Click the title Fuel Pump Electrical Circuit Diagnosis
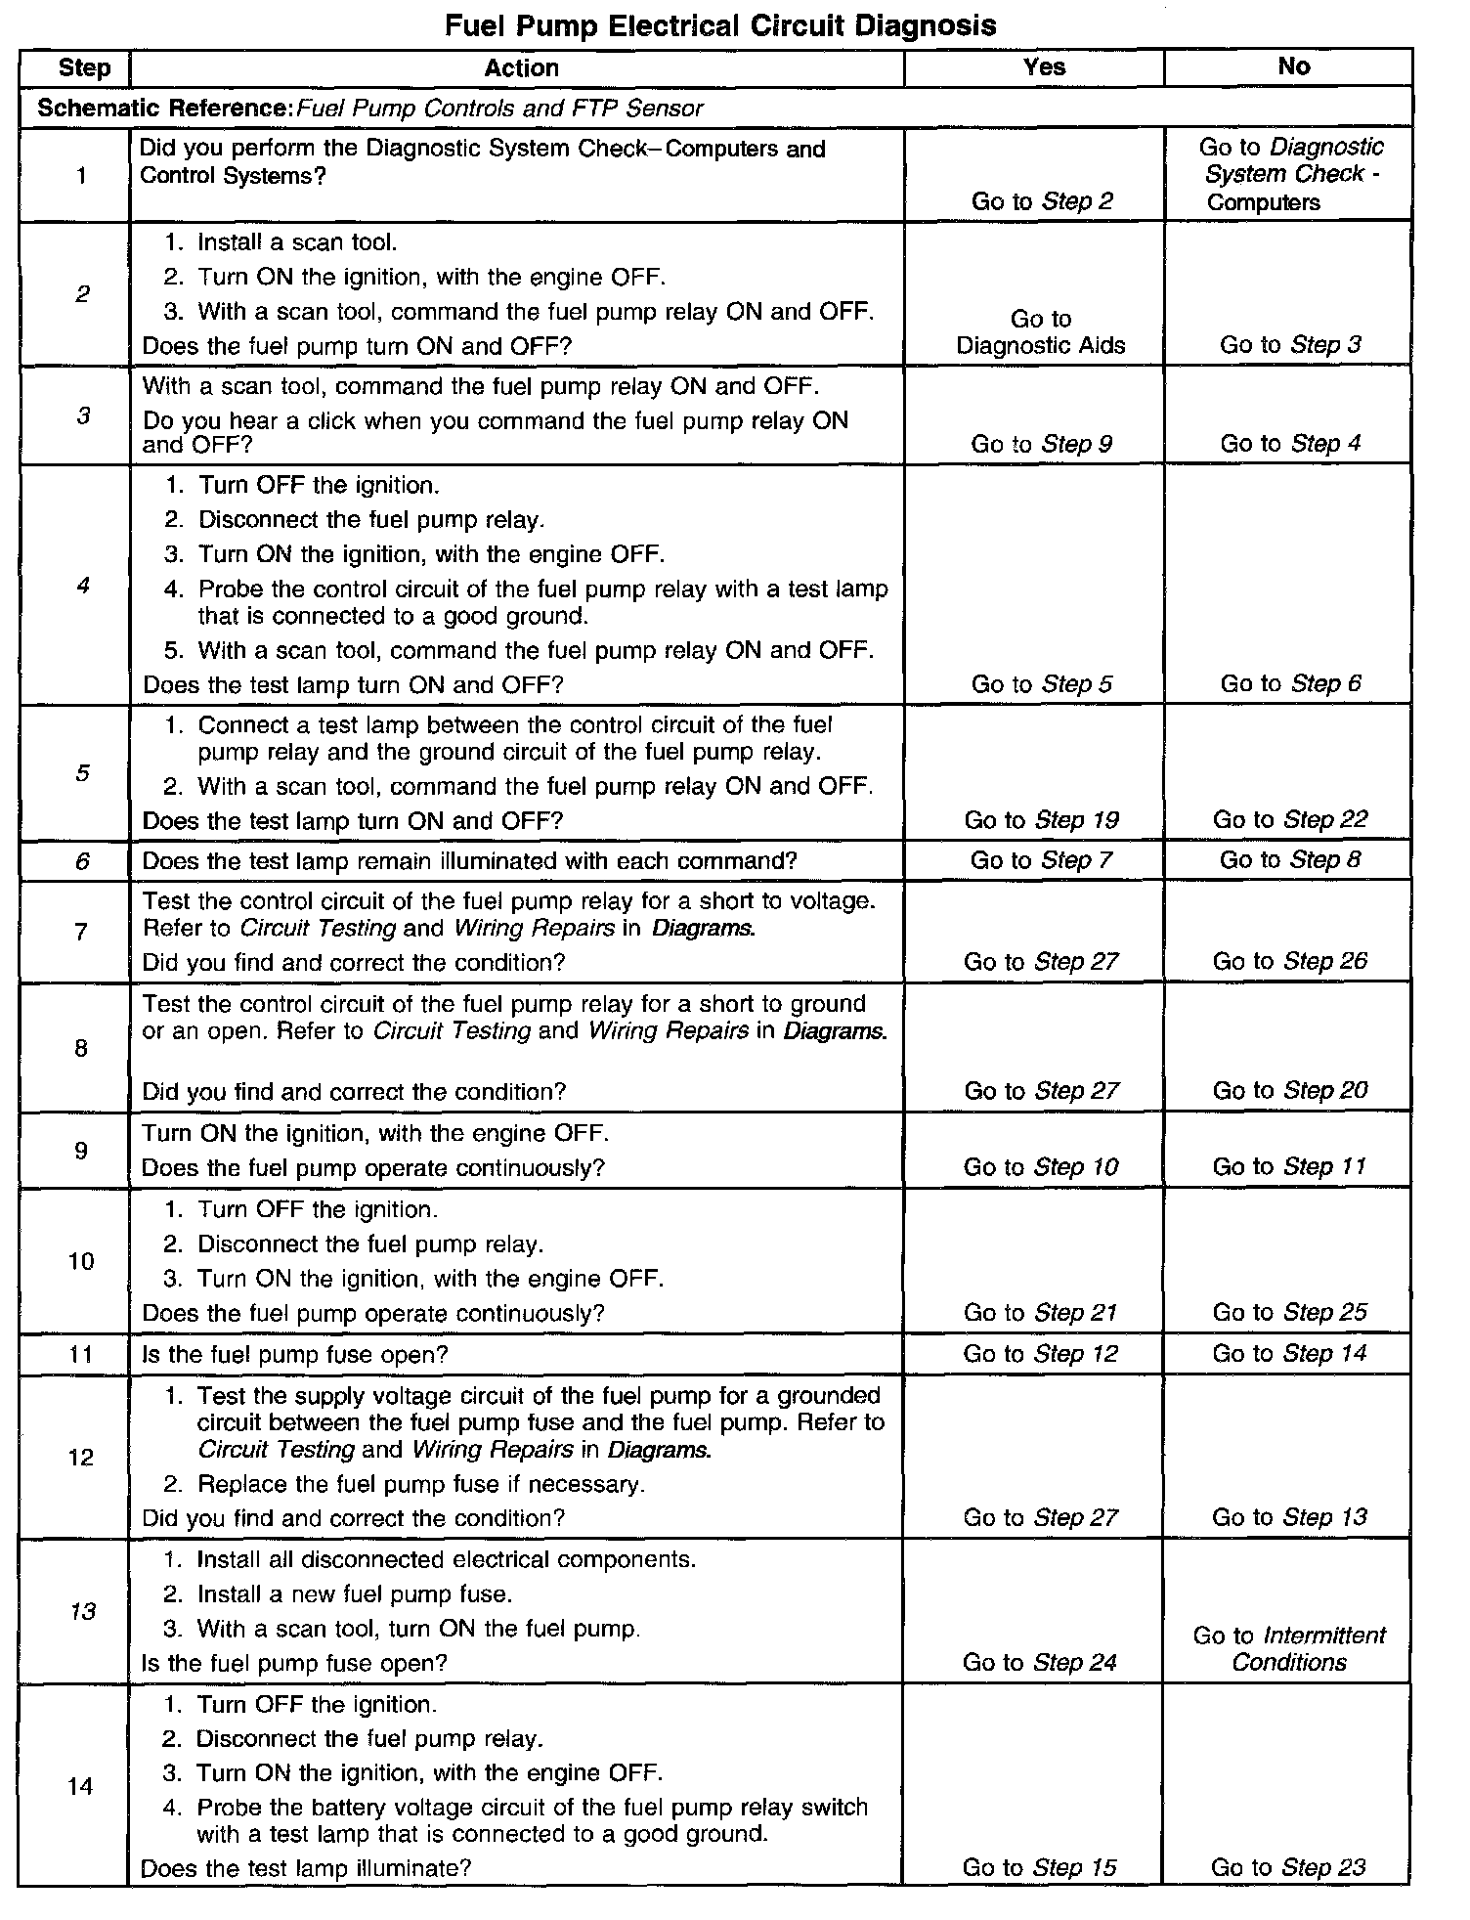720,25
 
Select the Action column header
521,67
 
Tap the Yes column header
1044,66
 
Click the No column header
1293,65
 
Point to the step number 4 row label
83,586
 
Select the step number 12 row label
81,1457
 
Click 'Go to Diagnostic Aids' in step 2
1041,332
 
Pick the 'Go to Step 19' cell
1041,820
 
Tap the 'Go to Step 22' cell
1290,819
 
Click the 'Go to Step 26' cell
1290,961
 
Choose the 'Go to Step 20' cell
1290,1090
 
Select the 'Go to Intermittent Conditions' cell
1289,1648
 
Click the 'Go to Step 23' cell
1288,1867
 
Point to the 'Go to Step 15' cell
1039,1867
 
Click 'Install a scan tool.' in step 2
297,242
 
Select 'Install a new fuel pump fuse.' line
354,1594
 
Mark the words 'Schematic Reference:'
165,108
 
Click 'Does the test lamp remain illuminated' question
469,860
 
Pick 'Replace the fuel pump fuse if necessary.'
420,1484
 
